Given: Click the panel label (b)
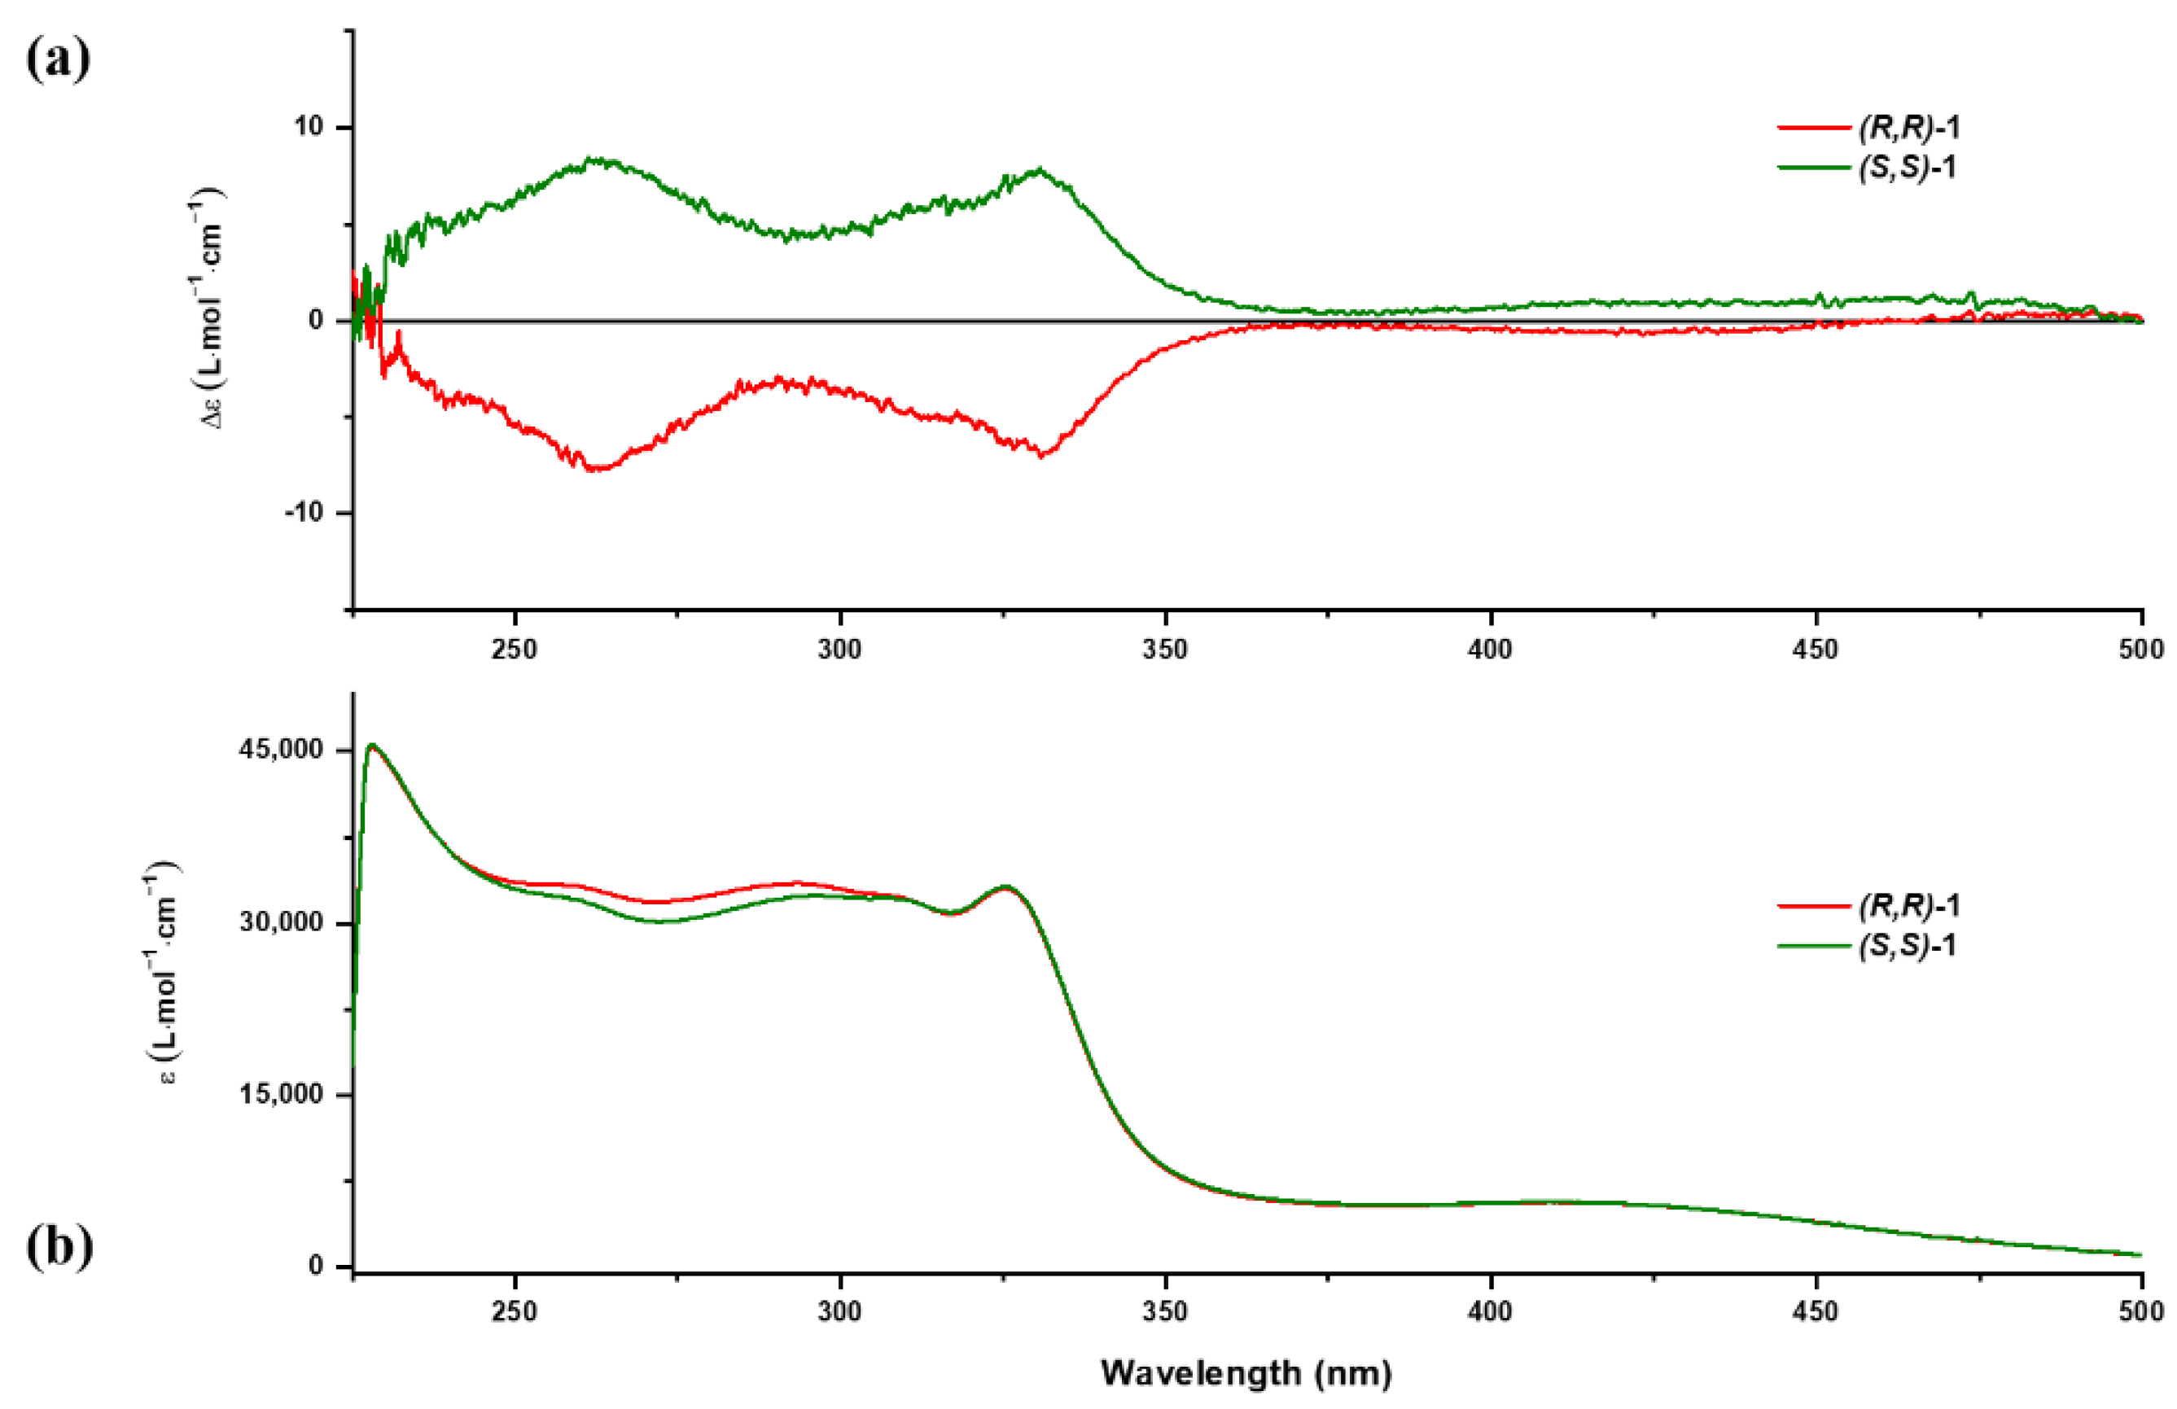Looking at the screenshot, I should [x=59, y=1249].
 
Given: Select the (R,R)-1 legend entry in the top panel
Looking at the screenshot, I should [x=1908, y=127].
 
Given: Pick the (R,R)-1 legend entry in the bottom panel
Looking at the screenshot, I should [x=1908, y=905].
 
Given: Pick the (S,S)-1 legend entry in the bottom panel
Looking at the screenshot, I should [x=1908, y=945].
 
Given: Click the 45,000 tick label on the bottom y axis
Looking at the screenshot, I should [x=281, y=750].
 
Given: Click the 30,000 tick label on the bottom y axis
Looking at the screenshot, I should [x=281, y=922].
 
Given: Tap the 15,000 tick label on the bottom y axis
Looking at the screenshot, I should [x=281, y=1095].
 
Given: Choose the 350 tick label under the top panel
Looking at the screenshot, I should [x=1165, y=650].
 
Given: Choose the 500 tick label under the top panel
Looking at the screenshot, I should [x=2141, y=650].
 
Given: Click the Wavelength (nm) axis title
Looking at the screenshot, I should [x=1246, y=1373].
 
